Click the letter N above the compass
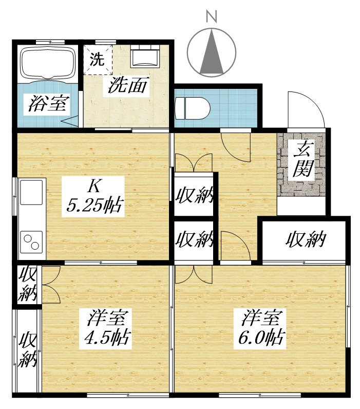click(211, 16)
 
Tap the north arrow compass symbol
click(211, 52)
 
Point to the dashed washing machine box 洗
click(97, 61)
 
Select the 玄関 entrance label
click(304, 161)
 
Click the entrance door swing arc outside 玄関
click(306, 109)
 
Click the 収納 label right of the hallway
click(306, 239)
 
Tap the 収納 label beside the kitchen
click(194, 196)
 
